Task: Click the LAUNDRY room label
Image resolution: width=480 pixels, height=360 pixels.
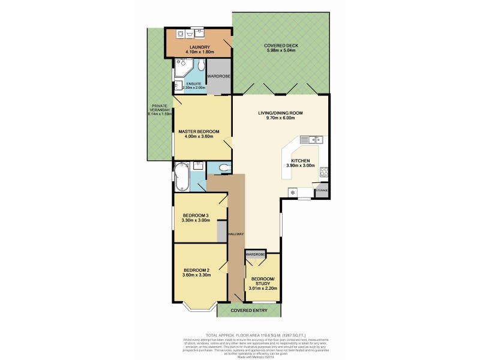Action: (198, 47)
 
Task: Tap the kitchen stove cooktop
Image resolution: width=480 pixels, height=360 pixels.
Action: (323, 172)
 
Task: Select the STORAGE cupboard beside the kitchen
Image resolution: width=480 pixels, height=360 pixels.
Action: (322, 191)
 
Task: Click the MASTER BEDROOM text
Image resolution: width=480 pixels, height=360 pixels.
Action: (199, 131)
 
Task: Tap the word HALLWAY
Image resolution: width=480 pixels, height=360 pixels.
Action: (236, 234)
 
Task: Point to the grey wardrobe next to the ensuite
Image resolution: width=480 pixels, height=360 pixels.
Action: (218, 77)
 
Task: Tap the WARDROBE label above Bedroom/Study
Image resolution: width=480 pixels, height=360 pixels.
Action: (254, 254)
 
